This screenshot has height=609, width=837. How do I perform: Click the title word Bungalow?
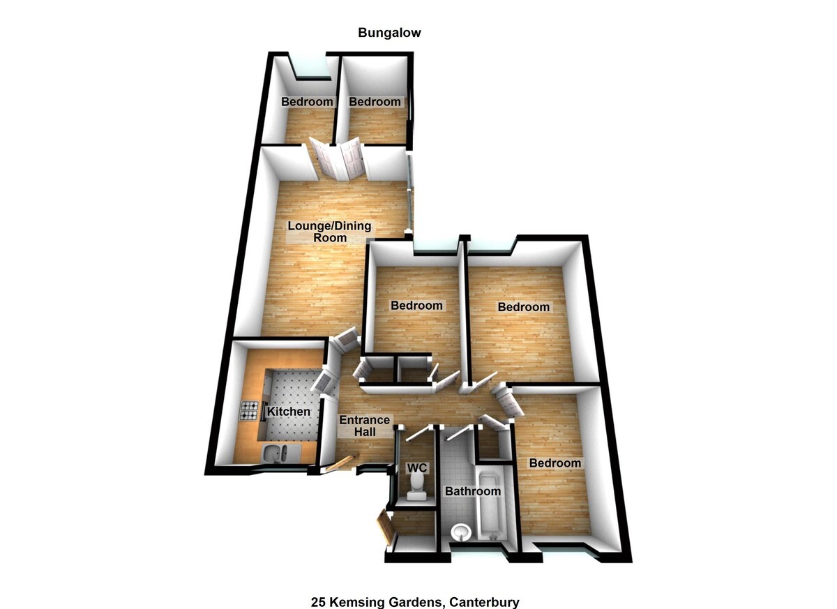pyautogui.click(x=389, y=32)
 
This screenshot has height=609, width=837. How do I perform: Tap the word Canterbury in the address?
pyautogui.click(x=484, y=602)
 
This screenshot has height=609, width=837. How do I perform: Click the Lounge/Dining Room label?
pyautogui.click(x=330, y=232)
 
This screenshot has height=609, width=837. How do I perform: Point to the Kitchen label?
pyautogui.click(x=289, y=412)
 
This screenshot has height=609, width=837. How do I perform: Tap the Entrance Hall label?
pyautogui.click(x=364, y=426)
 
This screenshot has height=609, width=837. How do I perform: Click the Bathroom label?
pyautogui.click(x=473, y=491)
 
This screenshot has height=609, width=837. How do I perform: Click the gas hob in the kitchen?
pyautogui.click(x=250, y=412)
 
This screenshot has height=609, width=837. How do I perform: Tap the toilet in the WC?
pyautogui.click(x=416, y=486)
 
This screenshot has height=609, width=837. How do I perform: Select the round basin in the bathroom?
pyautogui.click(x=461, y=532)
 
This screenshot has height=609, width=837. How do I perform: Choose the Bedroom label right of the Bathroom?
pyautogui.click(x=555, y=463)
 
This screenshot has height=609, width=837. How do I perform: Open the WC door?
pyautogui.click(x=421, y=433)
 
